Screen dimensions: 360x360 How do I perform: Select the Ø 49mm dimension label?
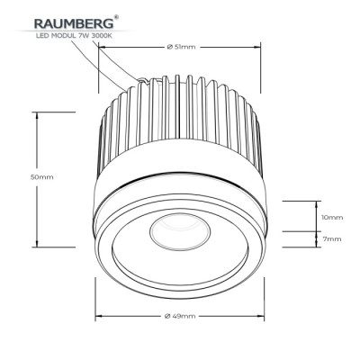point(180,316)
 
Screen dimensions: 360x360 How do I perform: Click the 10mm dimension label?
point(331,217)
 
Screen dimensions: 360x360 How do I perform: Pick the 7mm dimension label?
point(331,239)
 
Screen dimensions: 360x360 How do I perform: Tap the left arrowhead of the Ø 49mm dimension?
point(100,316)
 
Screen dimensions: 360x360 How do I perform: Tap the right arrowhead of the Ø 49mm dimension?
point(260,316)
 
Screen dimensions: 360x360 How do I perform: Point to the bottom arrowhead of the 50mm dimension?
point(37,245)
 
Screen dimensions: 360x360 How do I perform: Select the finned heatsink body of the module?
point(180,126)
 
